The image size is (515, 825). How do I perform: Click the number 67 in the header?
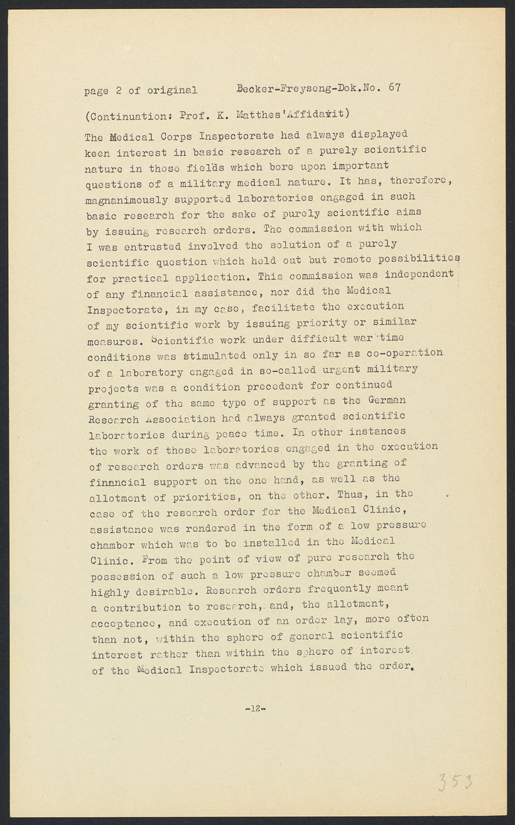pyautogui.click(x=394, y=87)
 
